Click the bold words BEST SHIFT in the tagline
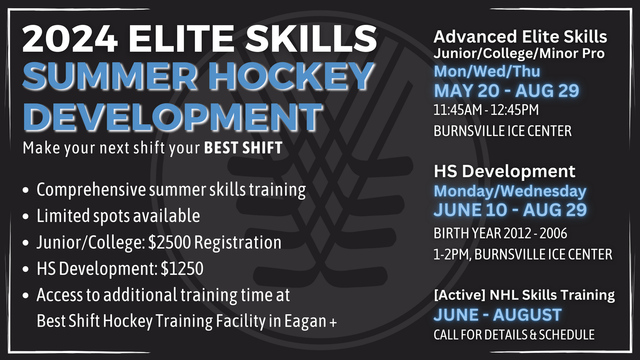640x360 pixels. coord(243,148)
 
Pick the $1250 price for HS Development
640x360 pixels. coord(182,268)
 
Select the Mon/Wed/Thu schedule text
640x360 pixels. coord(487,71)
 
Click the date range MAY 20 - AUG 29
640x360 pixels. coord(507,91)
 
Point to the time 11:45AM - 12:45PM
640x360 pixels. coord(486,110)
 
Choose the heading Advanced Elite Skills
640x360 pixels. coord(520,37)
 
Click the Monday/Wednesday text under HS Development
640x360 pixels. coord(510,191)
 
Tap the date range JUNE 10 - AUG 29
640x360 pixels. coord(510,210)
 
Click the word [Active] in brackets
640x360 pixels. coord(460,295)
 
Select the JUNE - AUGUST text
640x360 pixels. coord(498,315)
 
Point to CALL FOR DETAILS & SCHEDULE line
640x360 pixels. coord(514,335)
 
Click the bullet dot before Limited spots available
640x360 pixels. coord(26,216)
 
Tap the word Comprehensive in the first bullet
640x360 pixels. coord(91,190)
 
